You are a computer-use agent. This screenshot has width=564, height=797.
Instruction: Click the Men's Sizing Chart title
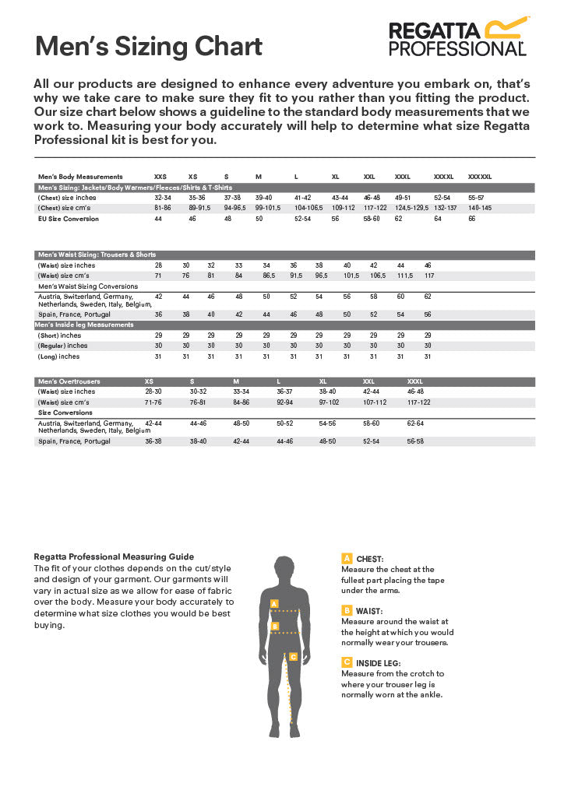click(149, 47)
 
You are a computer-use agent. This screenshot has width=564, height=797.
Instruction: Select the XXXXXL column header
click(479, 177)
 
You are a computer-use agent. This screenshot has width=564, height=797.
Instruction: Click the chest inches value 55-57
click(476, 198)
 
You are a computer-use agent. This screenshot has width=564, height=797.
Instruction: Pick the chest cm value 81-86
click(162, 208)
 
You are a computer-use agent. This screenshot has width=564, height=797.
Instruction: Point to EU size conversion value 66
click(471, 219)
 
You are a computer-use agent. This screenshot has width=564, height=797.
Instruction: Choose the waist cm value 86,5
click(269, 276)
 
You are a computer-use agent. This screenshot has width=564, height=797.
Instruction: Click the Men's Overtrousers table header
click(69, 381)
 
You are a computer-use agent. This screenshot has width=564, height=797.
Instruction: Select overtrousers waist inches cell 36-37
click(284, 391)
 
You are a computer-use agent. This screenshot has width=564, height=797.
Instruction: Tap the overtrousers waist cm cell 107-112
click(375, 402)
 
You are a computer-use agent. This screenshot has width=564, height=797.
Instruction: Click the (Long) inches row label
click(58, 356)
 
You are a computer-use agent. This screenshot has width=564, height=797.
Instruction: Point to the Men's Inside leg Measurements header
click(86, 325)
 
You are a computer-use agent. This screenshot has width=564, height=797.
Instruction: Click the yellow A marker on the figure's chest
click(274, 603)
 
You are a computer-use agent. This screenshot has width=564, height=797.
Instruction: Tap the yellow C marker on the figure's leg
click(293, 656)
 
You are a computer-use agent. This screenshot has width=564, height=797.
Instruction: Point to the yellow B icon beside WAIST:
click(347, 610)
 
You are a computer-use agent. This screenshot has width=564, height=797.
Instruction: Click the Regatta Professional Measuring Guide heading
click(114, 556)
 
